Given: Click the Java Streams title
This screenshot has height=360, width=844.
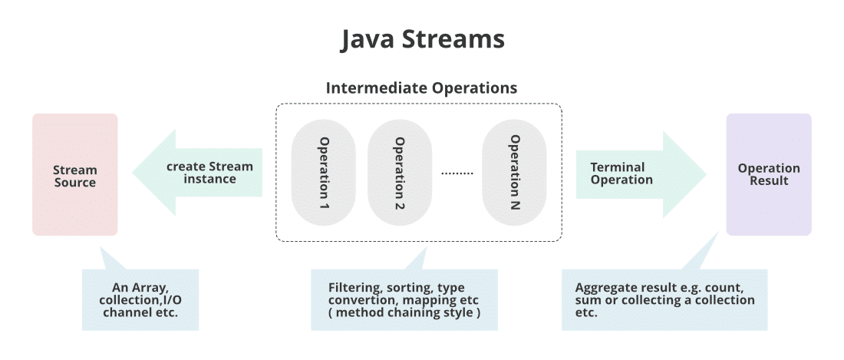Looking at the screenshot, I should pyautogui.click(x=422, y=40).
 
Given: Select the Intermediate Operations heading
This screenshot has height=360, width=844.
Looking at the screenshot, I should pyautogui.click(x=421, y=88).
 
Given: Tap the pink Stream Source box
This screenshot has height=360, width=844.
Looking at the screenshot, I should pyautogui.click(x=74, y=175).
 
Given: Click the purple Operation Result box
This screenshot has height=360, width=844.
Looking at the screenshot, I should pyautogui.click(x=768, y=174).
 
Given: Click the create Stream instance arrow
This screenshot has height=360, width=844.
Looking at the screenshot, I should pyautogui.click(x=199, y=173).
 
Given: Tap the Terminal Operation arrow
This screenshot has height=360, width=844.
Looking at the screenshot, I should pyautogui.click(x=637, y=173).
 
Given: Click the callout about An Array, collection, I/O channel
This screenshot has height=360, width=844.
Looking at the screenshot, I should pyautogui.click(x=140, y=299).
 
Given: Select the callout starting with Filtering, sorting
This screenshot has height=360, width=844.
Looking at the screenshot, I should pyautogui.click(x=404, y=299).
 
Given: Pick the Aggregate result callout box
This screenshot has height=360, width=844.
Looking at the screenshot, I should pyautogui.click(x=664, y=300).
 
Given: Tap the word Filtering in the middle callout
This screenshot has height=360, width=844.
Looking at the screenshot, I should pyautogui.click(x=348, y=288).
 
